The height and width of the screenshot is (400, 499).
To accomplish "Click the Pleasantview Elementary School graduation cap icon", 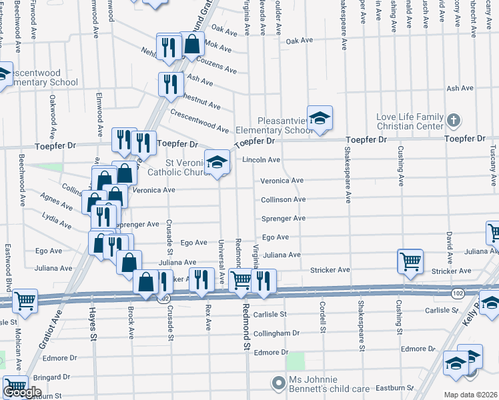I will coord(320,117).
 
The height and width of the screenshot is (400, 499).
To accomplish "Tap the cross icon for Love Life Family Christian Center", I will coord(454,121).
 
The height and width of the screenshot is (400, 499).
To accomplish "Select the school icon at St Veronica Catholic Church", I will coord(217,162).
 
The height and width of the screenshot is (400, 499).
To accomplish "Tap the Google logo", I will coord(21,392).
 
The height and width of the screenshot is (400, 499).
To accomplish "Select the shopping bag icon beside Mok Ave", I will coord(192,45).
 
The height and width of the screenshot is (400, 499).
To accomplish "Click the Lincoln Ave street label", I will coord(261,160).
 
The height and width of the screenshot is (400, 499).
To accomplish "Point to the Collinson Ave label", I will coord(283,199).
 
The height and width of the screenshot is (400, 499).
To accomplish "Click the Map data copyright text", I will coord(471,395).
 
